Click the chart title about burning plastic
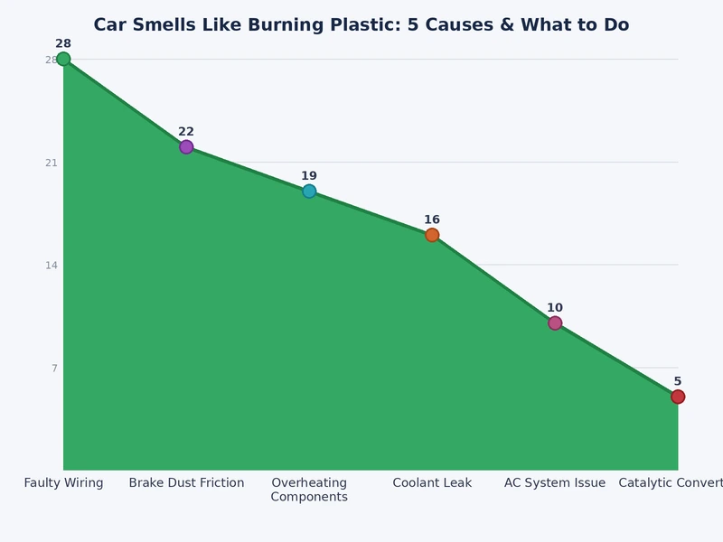point(361,25)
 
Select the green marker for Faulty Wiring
point(63,60)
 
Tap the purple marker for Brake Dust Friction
point(186,147)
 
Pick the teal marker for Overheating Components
point(309,192)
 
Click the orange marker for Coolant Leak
point(432,235)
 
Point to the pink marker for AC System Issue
point(555,323)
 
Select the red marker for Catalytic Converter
point(678,397)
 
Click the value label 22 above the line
point(186,132)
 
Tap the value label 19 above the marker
point(309,176)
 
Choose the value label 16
point(432,220)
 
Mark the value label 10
point(555,308)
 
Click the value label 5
point(678,381)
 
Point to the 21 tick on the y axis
point(52,163)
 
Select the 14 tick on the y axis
point(52,266)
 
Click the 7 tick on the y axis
point(54,369)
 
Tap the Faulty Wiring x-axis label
point(63,483)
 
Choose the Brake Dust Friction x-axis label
point(186,483)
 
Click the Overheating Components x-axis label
point(309,490)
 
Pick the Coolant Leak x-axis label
point(432,483)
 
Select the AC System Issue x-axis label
point(555,483)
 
